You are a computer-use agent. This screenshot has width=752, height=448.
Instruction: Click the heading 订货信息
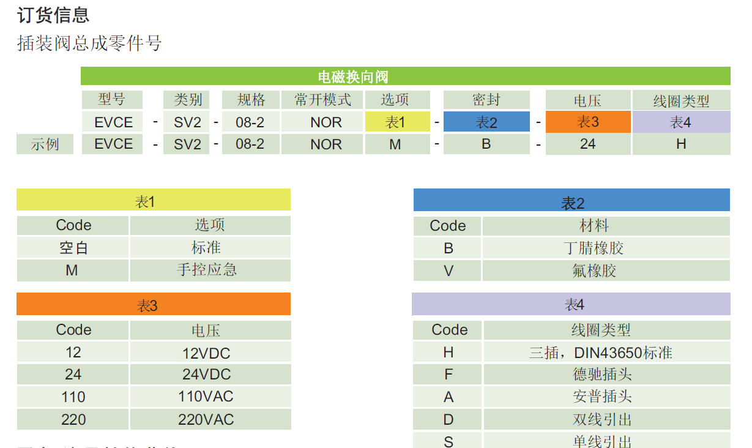click(x=53, y=15)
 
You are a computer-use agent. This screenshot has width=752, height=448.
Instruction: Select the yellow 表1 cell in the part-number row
click(x=395, y=122)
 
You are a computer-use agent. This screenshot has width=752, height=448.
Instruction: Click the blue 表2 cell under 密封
click(x=486, y=122)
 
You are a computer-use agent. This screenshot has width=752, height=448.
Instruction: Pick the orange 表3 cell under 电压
click(x=587, y=122)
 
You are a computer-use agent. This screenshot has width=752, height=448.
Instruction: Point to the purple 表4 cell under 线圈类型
click(x=680, y=122)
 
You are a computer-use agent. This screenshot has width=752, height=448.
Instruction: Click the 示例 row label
click(x=45, y=144)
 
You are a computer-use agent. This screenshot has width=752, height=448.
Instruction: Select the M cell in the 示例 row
click(x=395, y=144)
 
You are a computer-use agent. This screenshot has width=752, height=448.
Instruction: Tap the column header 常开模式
click(x=322, y=100)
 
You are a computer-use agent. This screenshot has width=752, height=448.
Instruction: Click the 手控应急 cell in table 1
click(x=209, y=270)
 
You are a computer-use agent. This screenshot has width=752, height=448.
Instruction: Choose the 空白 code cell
click(x=72, y=248)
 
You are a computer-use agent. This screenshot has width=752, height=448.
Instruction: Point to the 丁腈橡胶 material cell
click(x=594, y=248)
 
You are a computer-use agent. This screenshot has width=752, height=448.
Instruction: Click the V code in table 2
click(x=448, y=271)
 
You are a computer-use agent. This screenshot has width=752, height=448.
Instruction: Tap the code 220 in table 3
click(x=73, y=420)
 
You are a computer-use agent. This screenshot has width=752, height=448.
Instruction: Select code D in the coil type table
click(x=449, y=420)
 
